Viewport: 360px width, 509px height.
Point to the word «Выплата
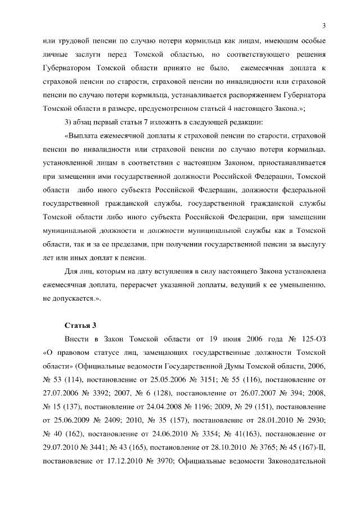coord(84,136)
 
